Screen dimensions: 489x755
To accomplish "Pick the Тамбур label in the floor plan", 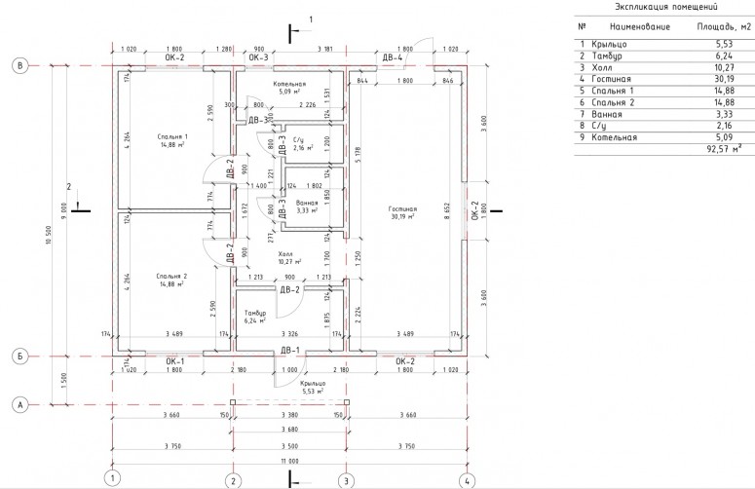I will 256,313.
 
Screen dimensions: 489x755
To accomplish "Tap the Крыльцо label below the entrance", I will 313,384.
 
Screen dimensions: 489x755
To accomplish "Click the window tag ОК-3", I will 258,58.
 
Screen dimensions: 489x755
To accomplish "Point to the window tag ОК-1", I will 174,362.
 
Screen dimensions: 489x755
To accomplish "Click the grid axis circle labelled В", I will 19,65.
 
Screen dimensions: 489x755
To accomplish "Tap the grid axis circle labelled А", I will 19,402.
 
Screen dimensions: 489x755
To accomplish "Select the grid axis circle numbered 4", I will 468,478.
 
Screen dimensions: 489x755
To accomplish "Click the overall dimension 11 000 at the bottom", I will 289,459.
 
